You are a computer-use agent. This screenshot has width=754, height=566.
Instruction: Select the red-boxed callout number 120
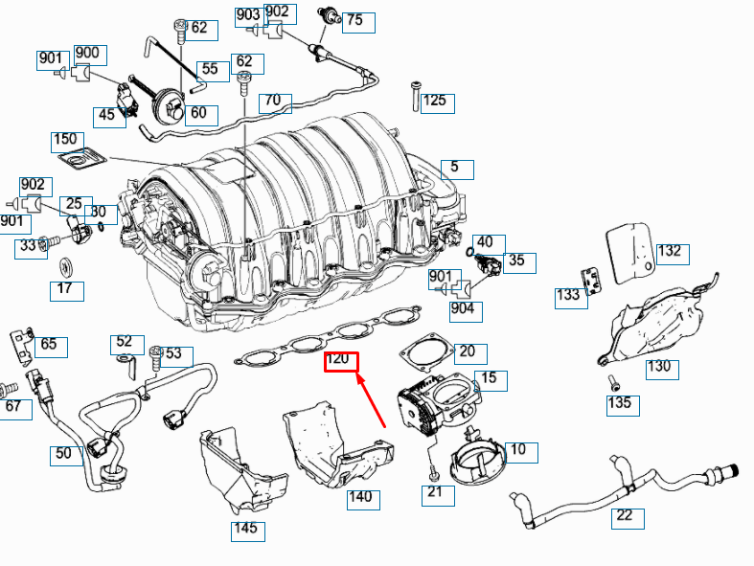(x=340, y=362)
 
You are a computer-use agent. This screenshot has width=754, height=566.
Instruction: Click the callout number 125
(x=434, y=102)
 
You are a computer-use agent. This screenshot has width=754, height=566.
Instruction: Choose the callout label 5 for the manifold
(x=456, y=169)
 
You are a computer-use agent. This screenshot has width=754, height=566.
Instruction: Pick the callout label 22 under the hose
(x=625, y=518)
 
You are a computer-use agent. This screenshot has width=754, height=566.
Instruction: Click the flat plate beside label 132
(x=631, y=254)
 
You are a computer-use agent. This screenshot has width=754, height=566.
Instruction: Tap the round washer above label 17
(x=66, y=264)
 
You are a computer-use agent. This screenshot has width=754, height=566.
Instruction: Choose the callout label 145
(x=247, y=530)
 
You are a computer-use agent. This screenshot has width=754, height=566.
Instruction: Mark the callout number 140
(x=360, y=499)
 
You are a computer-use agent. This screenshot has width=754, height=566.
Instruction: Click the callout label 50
(x=64, y=455)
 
